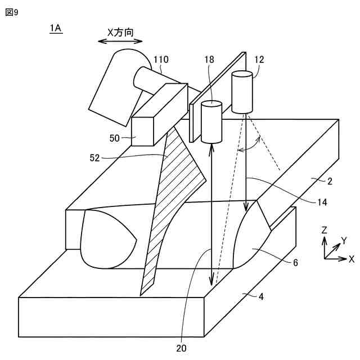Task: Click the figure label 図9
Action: pos(12,13)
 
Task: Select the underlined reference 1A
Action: pos(55,29)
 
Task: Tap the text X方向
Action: pos(120,32)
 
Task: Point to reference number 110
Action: pos(160,58)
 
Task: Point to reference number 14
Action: pos(321,201)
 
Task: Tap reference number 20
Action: pos(181,348)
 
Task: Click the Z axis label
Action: pos(325,230)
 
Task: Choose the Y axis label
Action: pos(344,240)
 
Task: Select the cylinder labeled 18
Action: pos(211,122)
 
